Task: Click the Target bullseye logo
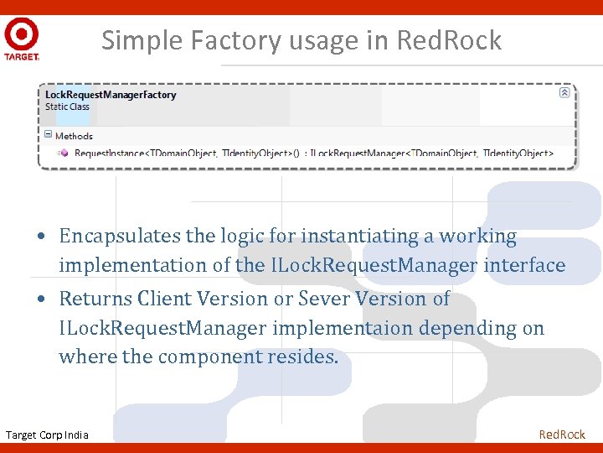coord(21,34)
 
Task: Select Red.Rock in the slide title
coord(450,40)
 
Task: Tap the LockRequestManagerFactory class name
coord(111,95)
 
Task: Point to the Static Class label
coord(67,107)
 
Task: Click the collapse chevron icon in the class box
coord(564,93)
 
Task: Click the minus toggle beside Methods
coord(49,135)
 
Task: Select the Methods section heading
coord(74,136)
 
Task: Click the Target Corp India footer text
coord(47,435)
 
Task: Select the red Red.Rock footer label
coord(562,434)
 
